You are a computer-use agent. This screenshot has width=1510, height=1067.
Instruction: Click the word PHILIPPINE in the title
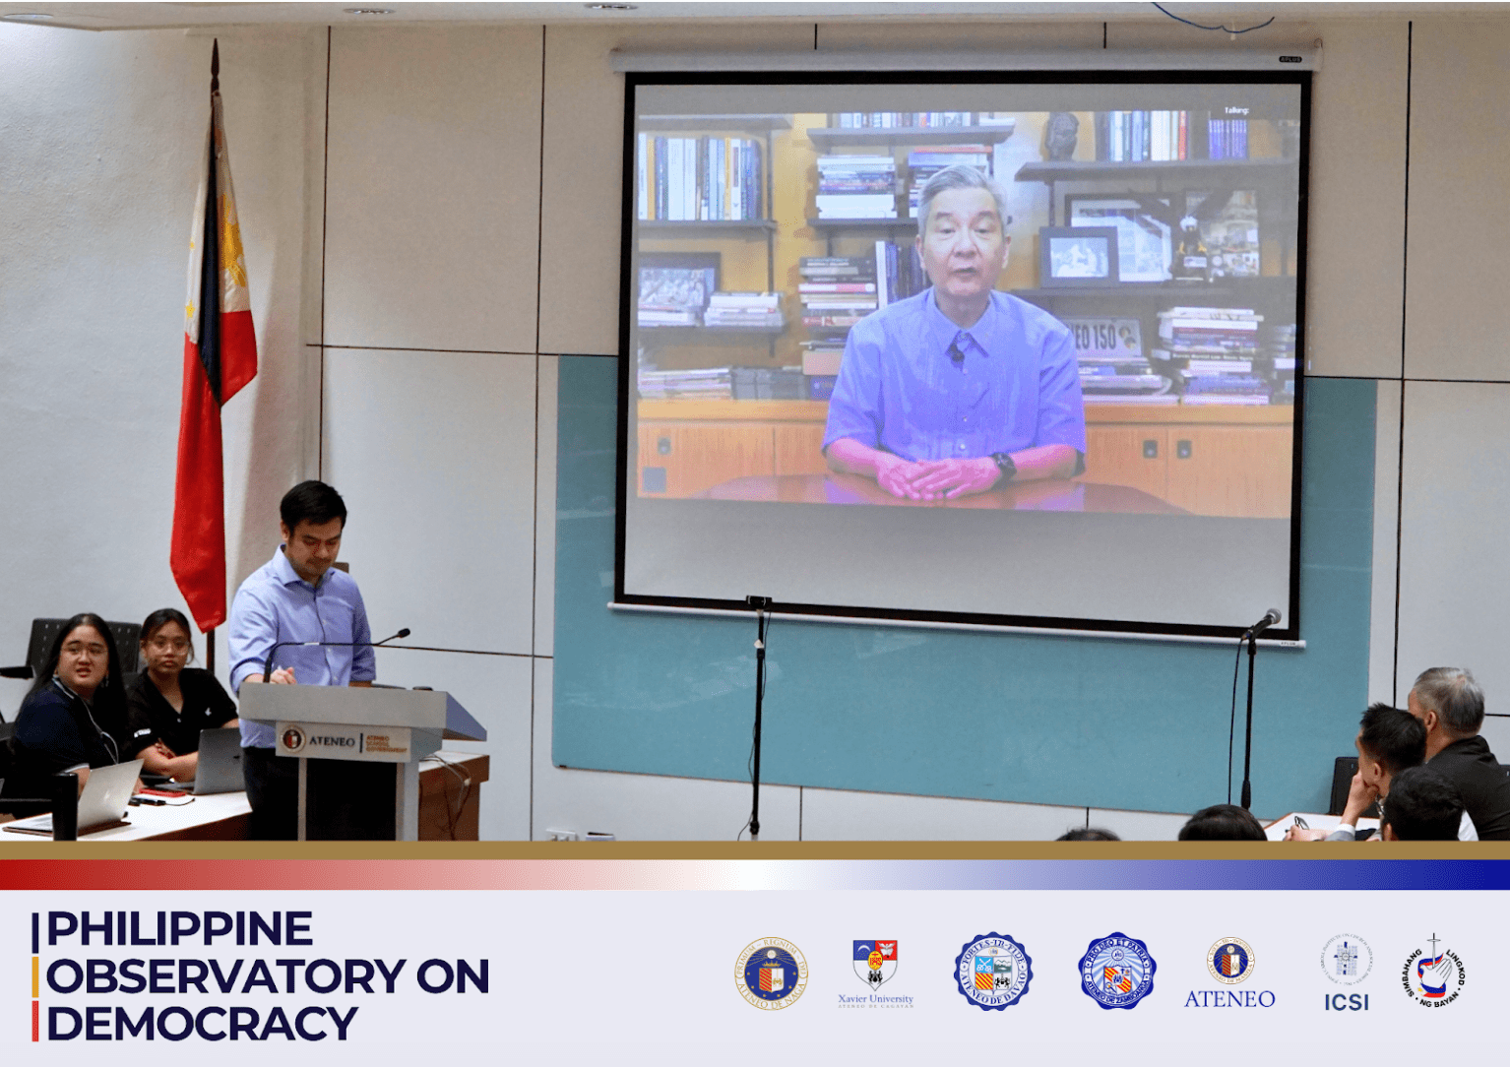pyautogui.click(x=179, y=929)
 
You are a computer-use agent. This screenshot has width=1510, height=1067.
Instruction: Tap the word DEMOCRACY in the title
pyautogui.click(x=202, y=1024)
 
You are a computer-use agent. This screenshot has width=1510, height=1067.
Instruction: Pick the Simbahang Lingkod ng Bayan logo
pyautogui.click(x=1434, y=972)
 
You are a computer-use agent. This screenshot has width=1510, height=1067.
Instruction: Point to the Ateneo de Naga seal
pyautogui.click(x=772, y=973)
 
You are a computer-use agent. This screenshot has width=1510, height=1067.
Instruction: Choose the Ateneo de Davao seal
pyautogui.click(x=993, y=973)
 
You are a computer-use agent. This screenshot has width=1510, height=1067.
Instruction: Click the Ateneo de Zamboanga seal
pyautogui.click(x=1116, y=972)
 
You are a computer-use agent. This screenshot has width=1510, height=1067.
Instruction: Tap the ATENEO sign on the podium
pyautogui.click(x=332, y=740)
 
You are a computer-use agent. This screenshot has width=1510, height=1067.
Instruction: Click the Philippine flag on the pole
pyautogui.click(x=214, y=374)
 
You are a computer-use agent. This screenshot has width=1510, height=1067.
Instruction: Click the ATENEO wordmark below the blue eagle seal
pyautogui.click(x=1228, y=999)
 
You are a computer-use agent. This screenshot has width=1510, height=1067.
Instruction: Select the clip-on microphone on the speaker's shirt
pyautogui.click(x=957, y=354)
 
